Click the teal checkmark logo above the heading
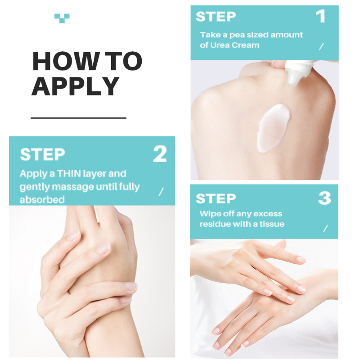click(62, 18)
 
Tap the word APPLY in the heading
click(75, 86)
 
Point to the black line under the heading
click(78, 118)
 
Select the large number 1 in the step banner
click(321, 16)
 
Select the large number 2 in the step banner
click(160, 154)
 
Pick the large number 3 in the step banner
click(324, 198)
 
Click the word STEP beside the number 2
click(42, 154)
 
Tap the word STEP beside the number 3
click(216, 198)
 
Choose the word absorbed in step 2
click(42, 200)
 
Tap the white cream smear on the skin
click(273, 129)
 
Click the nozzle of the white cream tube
click(293, 78)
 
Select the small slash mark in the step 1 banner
click(321, 46)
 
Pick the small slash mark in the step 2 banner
click(161, 192)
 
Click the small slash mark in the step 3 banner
click(325, 228)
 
